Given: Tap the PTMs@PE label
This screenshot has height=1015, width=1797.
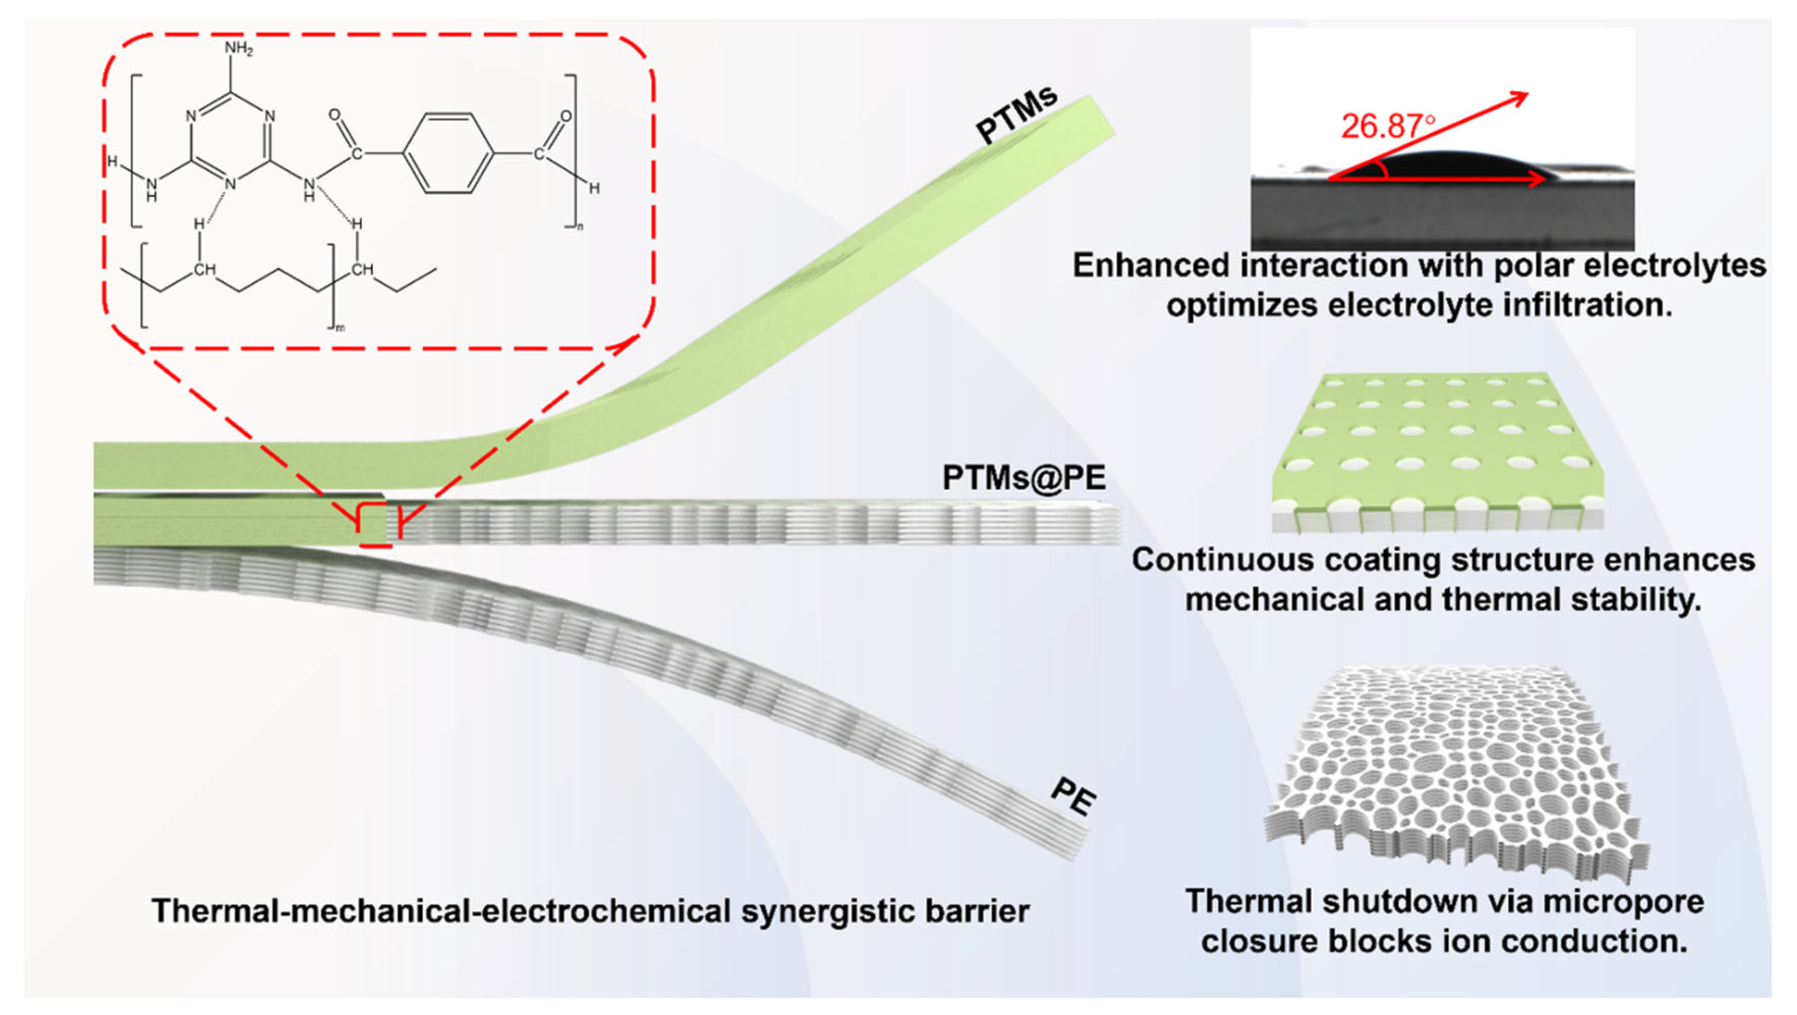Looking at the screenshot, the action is pyautogui.click(x=1024, y=478).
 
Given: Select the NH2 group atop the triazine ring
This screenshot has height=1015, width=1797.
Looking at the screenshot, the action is pyautogui.click(x=239, y=50).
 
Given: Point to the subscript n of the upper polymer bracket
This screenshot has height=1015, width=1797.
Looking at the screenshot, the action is pyautogui.click(x=578, y=227).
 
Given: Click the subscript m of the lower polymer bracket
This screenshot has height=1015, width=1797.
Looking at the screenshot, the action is pyautogui.click(x=340, y=328).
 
